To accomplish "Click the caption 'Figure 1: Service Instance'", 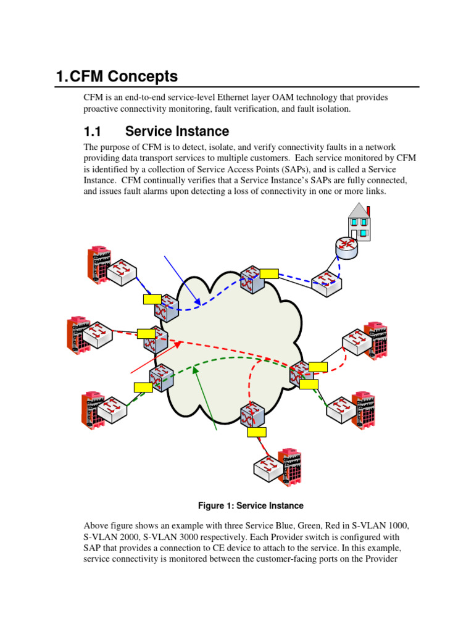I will click(251, 505).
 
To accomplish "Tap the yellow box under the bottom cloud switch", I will click(256, 432).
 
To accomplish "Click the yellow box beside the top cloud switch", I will click(269, 273).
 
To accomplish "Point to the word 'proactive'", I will click(103, 109).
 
